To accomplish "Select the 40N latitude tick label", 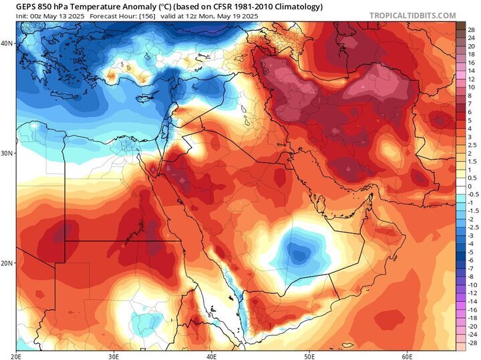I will (x=7, y=43).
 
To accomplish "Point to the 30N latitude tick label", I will (x=7, y=153).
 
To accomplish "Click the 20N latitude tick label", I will (x=7, y=263).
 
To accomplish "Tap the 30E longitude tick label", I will (x=114, y=355).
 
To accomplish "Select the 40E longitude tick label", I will (x=211, y=355).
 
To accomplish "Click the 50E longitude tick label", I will (x=309, y=355).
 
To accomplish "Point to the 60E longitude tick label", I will (x=407, y=355).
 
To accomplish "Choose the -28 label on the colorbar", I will (x=470, y=341).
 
